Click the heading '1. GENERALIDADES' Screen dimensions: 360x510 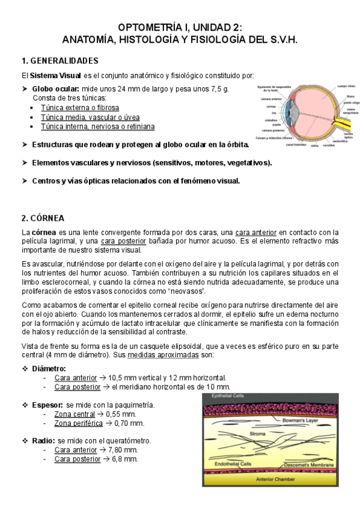pyautogui.click(x=59, y=61)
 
